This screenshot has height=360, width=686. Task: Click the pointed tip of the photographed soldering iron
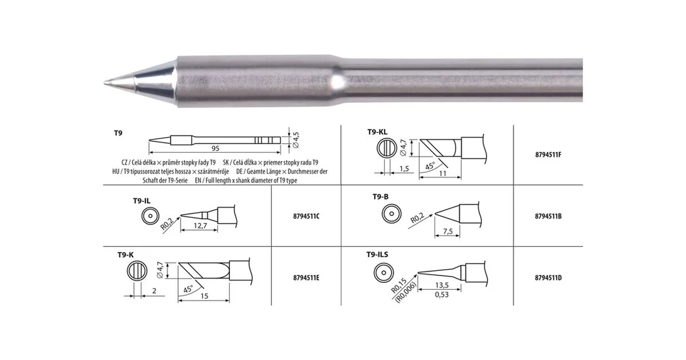coord(105,82)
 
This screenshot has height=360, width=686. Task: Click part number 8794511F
coord(548,155)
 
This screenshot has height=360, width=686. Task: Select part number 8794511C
coord(306,216)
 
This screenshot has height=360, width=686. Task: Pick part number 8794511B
coord(548,216)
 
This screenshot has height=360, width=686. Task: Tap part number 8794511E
coord(306,278)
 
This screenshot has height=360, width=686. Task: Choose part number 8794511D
coord(548,278)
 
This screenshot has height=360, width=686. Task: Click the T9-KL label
coord(377,131)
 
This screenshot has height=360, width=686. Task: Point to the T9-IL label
coord(141,201)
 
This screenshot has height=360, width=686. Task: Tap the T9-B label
coord(380,197)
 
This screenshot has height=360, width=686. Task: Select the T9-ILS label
coord(377,254)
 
